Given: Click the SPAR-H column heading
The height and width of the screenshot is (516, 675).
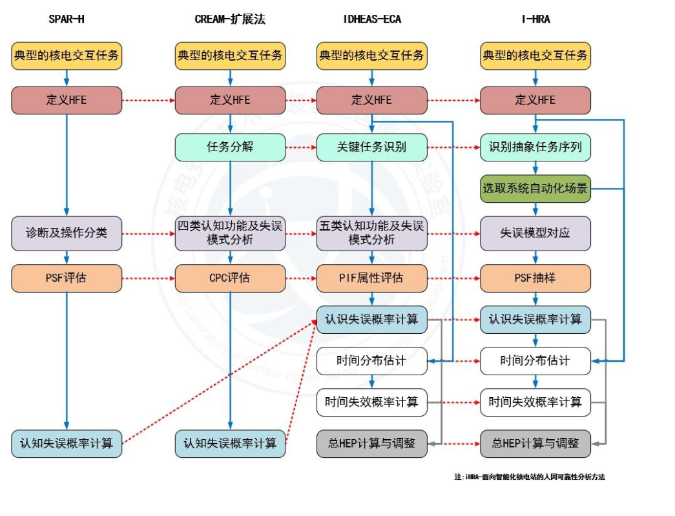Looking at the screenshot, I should pos(67,19).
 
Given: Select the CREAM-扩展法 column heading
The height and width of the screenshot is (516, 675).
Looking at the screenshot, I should pos(230,19).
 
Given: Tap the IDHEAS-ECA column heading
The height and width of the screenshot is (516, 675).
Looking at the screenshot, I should pos(371,19).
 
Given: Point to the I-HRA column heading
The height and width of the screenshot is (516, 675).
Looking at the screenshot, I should pos(535,19).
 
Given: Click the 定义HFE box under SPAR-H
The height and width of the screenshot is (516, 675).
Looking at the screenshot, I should pos(67,101).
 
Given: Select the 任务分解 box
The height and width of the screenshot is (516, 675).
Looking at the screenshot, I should pos(230,147).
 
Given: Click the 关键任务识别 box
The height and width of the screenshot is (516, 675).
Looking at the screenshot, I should pos(371,147).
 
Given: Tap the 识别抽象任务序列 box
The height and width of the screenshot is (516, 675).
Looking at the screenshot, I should pos(535,147).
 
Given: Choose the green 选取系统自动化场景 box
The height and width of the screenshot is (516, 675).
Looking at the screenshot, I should pos(535,189).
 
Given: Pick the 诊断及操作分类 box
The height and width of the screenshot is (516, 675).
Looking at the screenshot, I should pos(67,233).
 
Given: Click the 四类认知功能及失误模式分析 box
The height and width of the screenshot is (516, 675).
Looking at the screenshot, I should pos(230,233).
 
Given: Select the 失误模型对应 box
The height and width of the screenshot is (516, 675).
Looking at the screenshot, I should pos(535,233).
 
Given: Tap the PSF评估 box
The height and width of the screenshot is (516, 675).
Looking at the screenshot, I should pos(67,278).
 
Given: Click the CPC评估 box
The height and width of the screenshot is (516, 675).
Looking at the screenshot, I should pos(230,278).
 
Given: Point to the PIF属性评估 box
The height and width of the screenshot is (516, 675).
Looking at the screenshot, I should pos(371,278).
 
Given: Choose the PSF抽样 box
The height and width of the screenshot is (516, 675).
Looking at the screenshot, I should pos(535,278).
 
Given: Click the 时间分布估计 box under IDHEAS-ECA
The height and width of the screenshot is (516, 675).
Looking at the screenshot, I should pos(371,361).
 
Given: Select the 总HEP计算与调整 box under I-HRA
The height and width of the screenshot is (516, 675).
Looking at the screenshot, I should pos(535,444).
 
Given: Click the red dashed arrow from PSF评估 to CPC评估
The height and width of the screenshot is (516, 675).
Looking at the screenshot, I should pos(148,278).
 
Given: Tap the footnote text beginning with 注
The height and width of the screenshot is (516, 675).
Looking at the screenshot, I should pos(529,477).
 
